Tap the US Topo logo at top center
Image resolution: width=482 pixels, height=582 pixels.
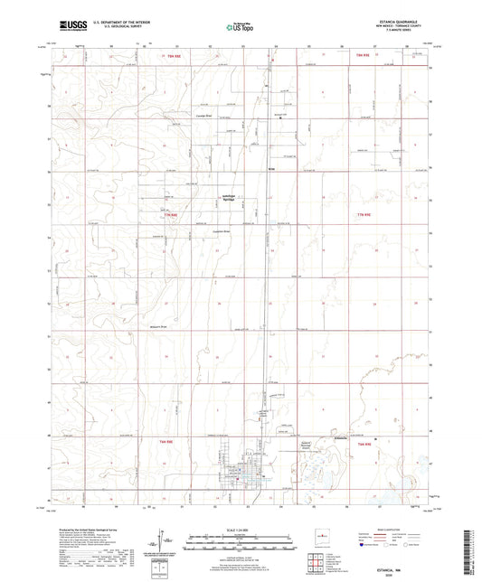click(x=240, y=27)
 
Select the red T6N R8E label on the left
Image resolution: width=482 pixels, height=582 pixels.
click(x=165, y=441)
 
